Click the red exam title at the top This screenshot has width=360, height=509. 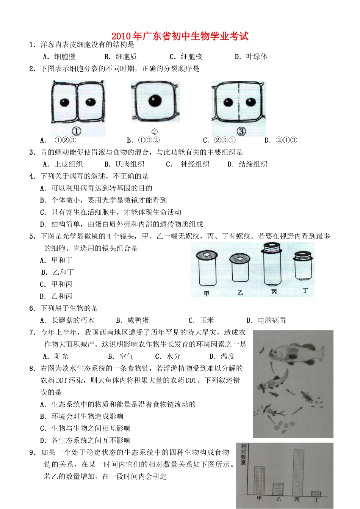[x=180, y=36]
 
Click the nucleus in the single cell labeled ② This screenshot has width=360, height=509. [x=155, y=101]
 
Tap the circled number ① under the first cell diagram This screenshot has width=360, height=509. [x=76, y=131]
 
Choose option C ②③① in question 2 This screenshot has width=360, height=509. [x=219, y=140]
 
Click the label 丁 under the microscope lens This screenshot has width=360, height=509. [x=305, y=291]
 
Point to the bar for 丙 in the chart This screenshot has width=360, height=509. [x=299, y=472]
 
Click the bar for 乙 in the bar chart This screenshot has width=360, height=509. [x=278, y=489]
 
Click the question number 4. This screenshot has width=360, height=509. [x=32, y=176]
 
